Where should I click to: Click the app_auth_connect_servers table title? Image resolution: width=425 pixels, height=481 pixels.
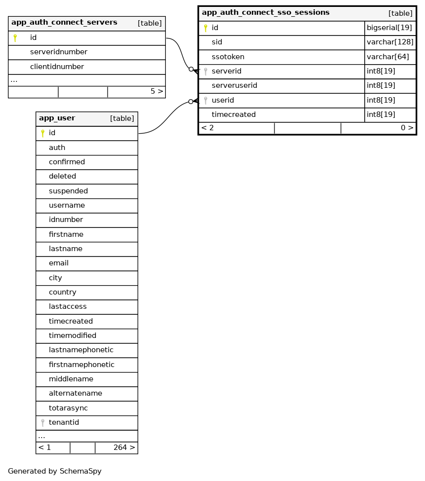pyautogui.click(x=64, y=23)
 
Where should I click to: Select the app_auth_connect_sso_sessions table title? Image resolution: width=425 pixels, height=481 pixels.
pyautogui.click(x=266, y=13)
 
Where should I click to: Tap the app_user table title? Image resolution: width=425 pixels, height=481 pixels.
pyautogui.click(x=57, y=118)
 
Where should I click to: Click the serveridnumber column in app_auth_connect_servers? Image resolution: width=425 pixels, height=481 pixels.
pyautogui.click(x=59, y=52)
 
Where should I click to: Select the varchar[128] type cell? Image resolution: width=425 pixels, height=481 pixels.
pyautogui.click(x=390, y=42)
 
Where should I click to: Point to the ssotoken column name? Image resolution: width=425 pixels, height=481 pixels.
pyautogui.click(x=228, y=57)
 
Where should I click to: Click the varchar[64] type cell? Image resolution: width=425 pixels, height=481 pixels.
pyautogui.click(x=388, y=57)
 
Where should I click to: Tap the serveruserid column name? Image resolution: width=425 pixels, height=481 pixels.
pyautogui.click(x=234, y=86)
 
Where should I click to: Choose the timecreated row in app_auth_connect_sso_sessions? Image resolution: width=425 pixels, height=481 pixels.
pyautogui.click(x=233, y=115)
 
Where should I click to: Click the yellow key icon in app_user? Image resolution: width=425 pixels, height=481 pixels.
pyautogui.click(x=42, y=133)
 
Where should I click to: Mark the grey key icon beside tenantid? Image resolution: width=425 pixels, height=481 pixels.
pyautogui.click(x=42, y=423)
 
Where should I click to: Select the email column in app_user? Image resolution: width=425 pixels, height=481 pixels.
pyautogui.click(x=59, y=263)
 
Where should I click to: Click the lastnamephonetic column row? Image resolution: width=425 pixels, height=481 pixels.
pyautogui.click(x=81, y=350)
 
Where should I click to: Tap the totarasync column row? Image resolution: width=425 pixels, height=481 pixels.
pyautogui.click(x=68, y=408)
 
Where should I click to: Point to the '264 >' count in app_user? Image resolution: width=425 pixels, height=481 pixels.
pyautogui.click(x=124, y=448)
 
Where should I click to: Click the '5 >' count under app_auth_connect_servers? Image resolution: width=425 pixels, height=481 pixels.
pyautogui.click(x=156, y=92)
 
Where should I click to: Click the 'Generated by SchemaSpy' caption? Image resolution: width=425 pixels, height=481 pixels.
pyautogui.click(x=55, y=471)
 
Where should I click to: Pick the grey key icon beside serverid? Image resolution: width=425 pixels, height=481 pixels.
pyautogui.click(x=205, y=72)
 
